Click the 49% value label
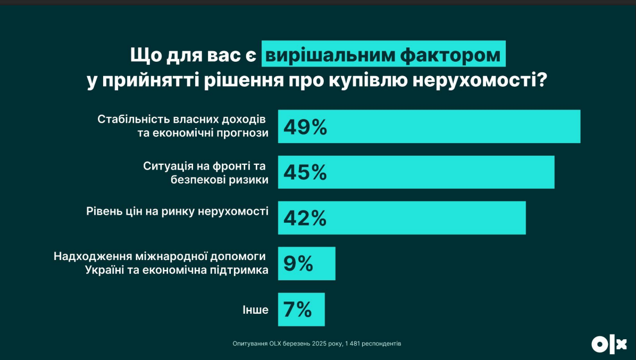(x=305, y=127)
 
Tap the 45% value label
(x=305, y=172)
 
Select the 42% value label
(x=305, y=218)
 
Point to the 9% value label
(x=298, y=264)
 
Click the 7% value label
(x=297, y=309)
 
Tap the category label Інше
(x=256, y=310)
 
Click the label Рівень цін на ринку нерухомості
(x=177, y=211)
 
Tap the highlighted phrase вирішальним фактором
(x=382, y=54)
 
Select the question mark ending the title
(x=543, y=81)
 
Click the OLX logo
(x=609, y=345)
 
